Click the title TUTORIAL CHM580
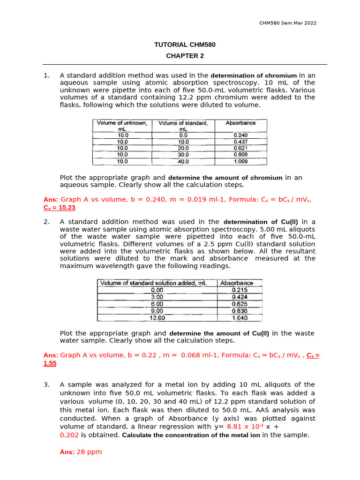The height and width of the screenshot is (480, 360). click(185, 45)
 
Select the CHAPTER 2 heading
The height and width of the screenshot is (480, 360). click(185, 56)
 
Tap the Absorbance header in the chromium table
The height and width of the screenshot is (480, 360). click(240, 123)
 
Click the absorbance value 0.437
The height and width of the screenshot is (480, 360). click(240, 142)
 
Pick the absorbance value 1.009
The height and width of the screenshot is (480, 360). click(240, 161)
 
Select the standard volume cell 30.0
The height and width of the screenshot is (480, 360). click(183, 155)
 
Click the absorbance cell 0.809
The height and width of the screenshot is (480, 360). click(240, 155)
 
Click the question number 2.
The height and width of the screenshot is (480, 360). click(46, 222)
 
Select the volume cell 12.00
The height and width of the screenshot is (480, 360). click(157, 318)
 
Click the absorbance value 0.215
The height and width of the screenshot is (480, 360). click(240, 290)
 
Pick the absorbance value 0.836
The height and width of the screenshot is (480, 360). click(240, 311)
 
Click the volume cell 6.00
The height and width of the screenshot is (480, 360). click(157, 304)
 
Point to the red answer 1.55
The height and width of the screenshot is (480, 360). click(50, 363)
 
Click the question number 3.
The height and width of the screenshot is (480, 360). click(46, 385)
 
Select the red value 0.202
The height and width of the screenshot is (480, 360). click(69, 435)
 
